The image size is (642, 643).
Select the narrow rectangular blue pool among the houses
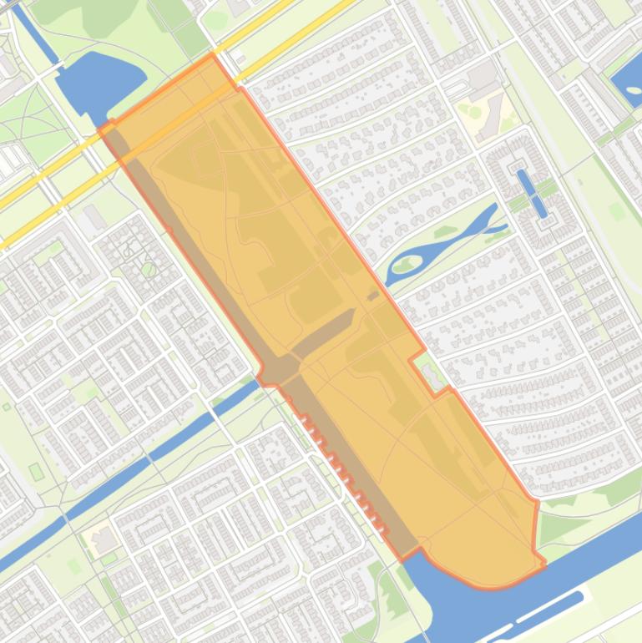pos(533,193)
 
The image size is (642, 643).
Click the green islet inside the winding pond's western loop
pos(407,266)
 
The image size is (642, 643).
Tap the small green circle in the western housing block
pos(149,269)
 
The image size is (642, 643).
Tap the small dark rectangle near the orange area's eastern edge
pos(373,295)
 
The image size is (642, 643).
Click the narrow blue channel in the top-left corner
pos(33,33)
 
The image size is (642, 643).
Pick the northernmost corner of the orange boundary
pos(212,56)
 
